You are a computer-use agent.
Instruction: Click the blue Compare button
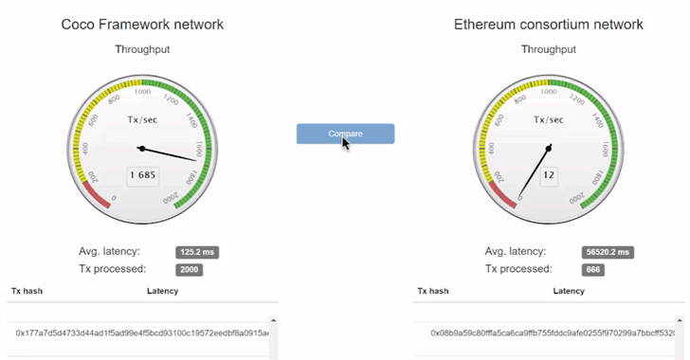tap(345, 134)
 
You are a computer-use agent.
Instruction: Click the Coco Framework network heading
tap(142, 24)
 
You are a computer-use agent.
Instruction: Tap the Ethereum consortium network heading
tap(548, 24)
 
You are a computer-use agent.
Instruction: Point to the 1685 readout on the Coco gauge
tap(142, 175)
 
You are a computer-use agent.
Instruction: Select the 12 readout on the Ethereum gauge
tap(549, 175)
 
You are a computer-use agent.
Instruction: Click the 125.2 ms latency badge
tap(198, 252)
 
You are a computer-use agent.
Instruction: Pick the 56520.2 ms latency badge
tap(607, 252)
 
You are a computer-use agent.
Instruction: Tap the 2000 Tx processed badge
tap(190, 270)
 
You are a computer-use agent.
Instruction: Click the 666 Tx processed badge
tap(594, 270)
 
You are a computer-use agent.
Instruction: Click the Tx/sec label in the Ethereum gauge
tap(549, 119)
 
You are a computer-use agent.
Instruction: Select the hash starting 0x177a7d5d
tap(142, 333)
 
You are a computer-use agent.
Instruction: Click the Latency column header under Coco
tap(162, 291)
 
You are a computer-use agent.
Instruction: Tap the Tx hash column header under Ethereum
tap(433, 291)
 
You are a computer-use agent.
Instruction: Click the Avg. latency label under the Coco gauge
tap(109, 251)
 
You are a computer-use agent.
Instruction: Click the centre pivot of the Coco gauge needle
tap(141, 148)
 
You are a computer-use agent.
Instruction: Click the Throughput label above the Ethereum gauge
tap(549, 49)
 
